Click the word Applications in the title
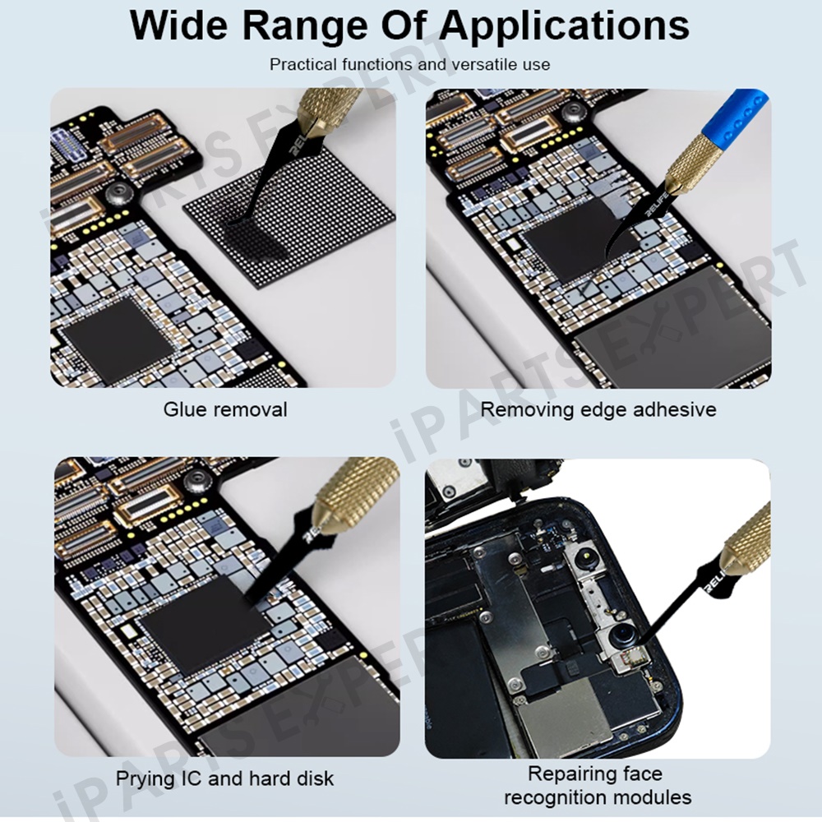tap(564, 26)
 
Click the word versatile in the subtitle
tap(481, 64)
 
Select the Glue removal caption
tap(225, 409)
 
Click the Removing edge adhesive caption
tap(598, 409)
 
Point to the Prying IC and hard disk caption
tap(224, 778)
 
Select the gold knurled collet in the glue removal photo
tap(325, 108)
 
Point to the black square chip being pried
tap(205, 624)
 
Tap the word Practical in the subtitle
tap(303, 64)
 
